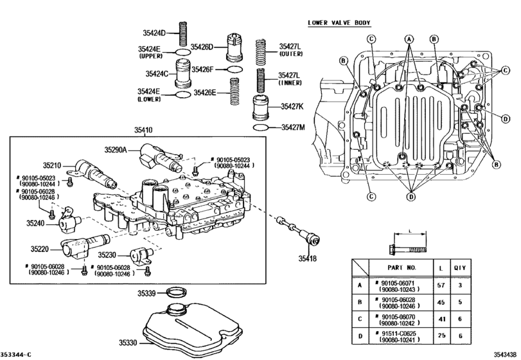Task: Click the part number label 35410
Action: click(x=143, y=130)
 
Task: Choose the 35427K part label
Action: click(x=290, y=107)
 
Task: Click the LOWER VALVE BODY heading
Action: click(x=339, y=23)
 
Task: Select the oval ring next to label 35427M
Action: click(x=262, y=128)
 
